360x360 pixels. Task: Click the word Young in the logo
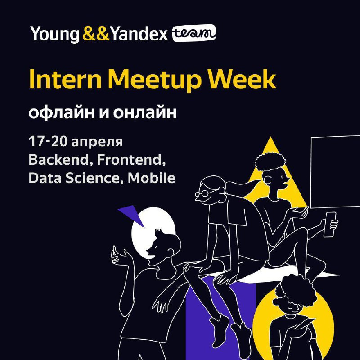coord(55,34)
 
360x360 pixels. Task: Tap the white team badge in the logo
coord(194,33)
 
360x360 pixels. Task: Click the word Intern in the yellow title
coord(65,79)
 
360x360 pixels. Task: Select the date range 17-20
coord(48,141)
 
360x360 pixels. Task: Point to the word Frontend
coord(131,160)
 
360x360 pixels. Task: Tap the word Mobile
coord(152,178)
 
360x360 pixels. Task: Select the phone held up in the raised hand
coord(330,224)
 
